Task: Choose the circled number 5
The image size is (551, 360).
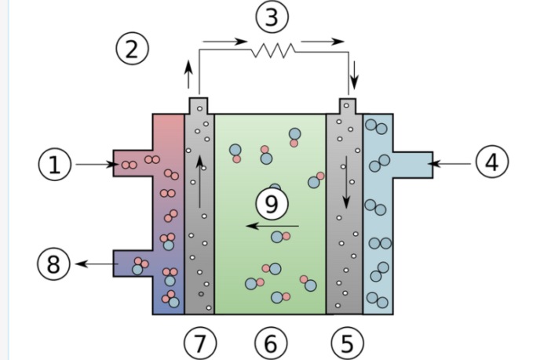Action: pyautogui.click(x=346, y=343)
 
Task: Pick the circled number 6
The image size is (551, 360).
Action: pyautogui.click(x=271, y=343)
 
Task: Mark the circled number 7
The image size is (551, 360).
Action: pyautogui.click(x=199, y=343)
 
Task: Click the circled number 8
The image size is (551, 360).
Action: pyautogui.click(x=53, y=264)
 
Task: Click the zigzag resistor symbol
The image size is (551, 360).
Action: pyautogui.click(x=272, y=51)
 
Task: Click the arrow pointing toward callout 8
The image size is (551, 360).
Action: pyautogui.click(x=95, y=264)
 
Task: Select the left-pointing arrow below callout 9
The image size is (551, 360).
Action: pyautogui.click(x=263, y=227)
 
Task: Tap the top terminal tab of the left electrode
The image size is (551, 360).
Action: pyautogui.click(x=199, y=105)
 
